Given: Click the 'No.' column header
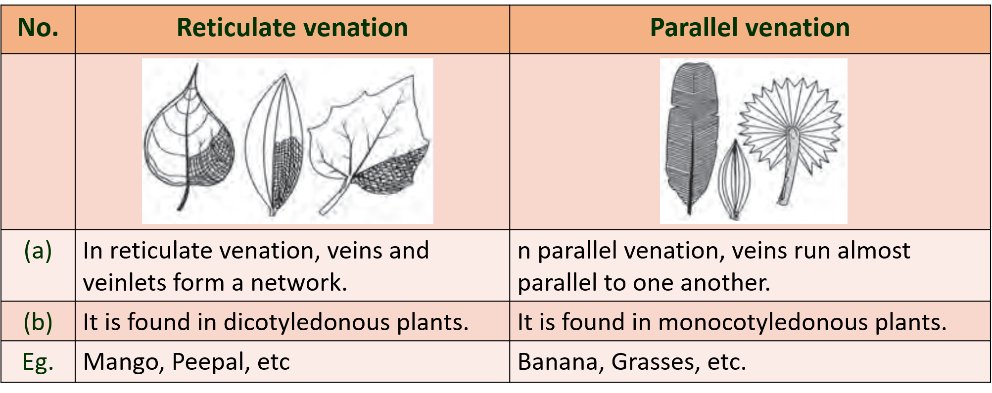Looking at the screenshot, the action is point(38,28).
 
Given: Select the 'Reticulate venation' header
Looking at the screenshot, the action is point(292,28).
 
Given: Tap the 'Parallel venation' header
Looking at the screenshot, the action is point(750,28).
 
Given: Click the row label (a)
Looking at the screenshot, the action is point(38,251).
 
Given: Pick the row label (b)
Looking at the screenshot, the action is point(38,322).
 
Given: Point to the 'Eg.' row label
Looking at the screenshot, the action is point(38,362).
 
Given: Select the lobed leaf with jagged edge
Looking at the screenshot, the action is point(369,143).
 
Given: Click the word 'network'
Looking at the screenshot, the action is point(299,283).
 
